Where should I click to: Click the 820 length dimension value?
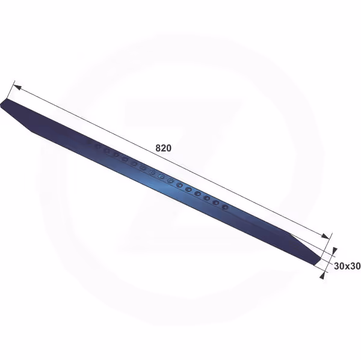(164, 148)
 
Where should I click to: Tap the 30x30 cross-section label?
(347, 266)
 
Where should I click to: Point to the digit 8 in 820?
(158, 148)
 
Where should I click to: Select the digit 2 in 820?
(164, 148)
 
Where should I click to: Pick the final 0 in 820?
(168, 148)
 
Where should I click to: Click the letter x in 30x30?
(347, 267)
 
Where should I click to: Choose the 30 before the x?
(339, 266)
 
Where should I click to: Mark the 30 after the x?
(355, 266)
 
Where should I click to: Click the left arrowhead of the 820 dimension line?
(17, 87)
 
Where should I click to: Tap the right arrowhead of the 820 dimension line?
(326, 236)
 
